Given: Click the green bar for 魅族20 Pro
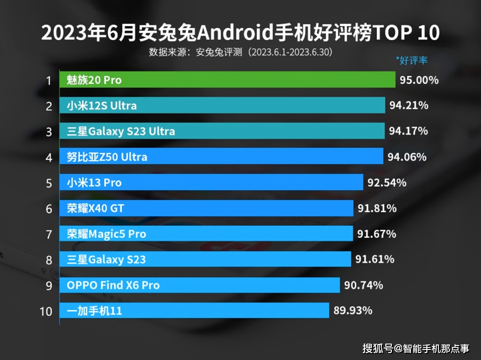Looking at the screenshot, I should [227, 80].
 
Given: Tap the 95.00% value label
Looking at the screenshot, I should [419, 80].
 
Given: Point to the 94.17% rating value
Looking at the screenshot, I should [408, 131].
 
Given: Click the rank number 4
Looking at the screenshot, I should [49, 157].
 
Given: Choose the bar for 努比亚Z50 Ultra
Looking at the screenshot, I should [221, 157].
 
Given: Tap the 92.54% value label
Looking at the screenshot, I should [387, 183].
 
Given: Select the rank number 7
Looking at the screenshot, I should [49, 234].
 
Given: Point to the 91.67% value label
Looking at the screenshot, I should [376, 234].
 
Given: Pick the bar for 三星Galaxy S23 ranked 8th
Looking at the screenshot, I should [205, 259].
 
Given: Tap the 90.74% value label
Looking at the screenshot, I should [363, 285].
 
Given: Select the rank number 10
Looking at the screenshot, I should [46, 311].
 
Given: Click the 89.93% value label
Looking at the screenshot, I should [352, 310].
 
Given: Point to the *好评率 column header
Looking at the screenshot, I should [411, 61].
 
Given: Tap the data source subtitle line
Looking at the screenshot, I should [241, 52].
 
